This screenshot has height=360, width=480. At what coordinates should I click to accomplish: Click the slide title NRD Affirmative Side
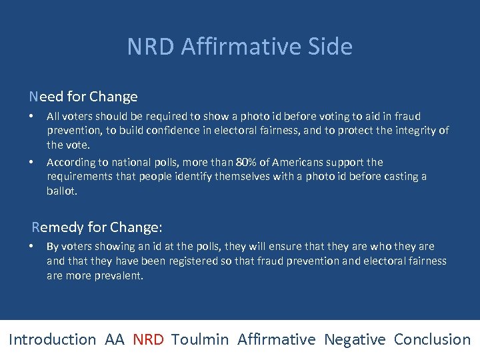(x=239, y=47)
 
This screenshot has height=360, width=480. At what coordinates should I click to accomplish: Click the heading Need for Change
(x=83, y=97)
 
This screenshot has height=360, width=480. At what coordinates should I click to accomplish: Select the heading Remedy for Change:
(x=97, y=227)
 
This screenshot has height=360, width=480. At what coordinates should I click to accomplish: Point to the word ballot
(x=61, y=191)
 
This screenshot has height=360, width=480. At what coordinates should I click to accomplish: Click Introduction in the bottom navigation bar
(x=53, y=339)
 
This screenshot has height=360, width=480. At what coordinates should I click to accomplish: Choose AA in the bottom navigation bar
(x=114, y=339)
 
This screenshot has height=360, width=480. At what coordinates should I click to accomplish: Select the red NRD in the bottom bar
(x=148, y=339)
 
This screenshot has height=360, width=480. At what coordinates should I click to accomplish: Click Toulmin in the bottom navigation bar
(x=200, y=339)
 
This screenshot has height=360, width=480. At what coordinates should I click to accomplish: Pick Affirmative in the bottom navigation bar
(x=276, y=339)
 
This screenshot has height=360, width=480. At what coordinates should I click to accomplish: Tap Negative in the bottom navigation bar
(x=355, y=339)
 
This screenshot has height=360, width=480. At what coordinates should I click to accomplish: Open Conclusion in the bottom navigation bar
(x=432, y=339)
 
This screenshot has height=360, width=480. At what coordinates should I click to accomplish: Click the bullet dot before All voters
(x=32, y=116)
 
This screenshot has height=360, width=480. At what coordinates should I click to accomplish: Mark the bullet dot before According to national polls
(x=32, y=162)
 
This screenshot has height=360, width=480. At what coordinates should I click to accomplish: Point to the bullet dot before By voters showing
(x=32, y=246)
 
